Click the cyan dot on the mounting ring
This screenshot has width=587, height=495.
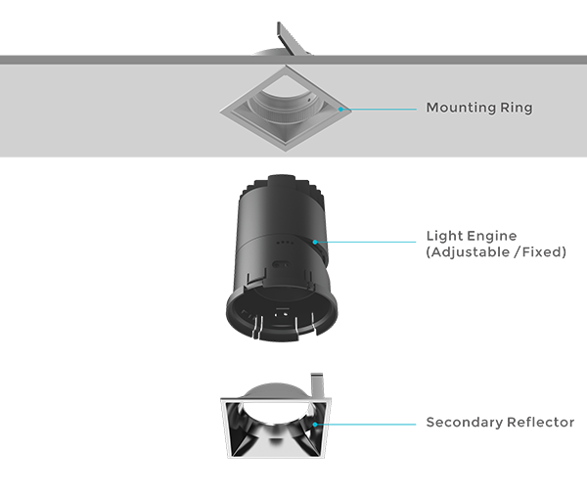340,109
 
